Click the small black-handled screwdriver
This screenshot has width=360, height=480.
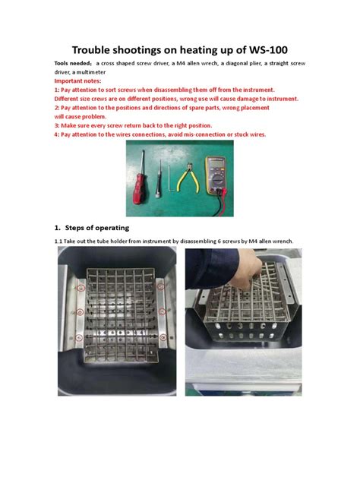click(x=160, y=182)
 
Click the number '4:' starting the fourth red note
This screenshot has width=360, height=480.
click(x=57, y=134)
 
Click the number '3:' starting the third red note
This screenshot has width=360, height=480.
click(x=57, y=125)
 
